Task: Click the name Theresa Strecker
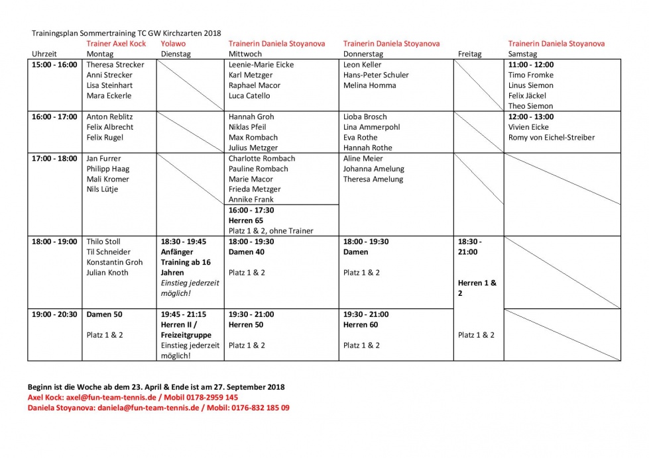coord(115,65)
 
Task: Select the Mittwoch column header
coord(245,54)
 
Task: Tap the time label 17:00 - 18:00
coord(54,159)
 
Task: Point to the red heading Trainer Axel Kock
coord(116,44)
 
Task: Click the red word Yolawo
coord(174,44)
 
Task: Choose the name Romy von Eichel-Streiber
coord(551,138)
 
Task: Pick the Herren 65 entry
coord(245,220)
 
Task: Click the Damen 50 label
coord(105,314)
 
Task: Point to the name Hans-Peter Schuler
coord(376,75)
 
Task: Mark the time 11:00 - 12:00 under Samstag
coord(530,65)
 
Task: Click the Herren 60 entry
coord(361,325)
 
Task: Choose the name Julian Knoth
coord(107,273)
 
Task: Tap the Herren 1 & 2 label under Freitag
coord(477,288)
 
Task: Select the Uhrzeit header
coord(44,54)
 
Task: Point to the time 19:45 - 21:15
coord(184,314)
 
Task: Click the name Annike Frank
coord(251,200)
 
